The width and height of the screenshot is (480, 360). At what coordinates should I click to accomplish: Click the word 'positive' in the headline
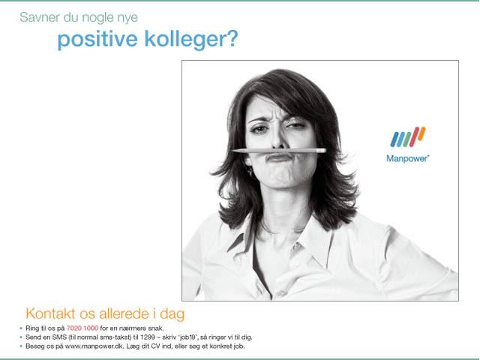click(x=97, y=40)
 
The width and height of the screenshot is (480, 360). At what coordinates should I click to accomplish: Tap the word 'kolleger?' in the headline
click(x=191, y=40)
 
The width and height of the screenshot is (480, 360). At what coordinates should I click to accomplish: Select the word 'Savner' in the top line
click(x=40, y=17)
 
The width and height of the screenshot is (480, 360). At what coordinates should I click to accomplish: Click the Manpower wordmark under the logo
click(x=407, y=158)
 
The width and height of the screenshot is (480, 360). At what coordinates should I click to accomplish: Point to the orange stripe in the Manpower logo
click(x=421, y=134)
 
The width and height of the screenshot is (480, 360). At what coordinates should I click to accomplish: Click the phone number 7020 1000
click(x=82, y=328)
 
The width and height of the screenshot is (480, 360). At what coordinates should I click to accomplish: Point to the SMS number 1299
click(x=148, y=337)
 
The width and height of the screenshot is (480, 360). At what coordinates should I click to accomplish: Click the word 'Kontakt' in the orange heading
click(x=50, y=313)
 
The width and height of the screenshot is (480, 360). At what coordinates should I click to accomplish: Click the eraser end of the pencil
click(x=322, y=151)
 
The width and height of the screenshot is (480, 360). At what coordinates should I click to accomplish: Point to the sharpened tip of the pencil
click(x=232, y=151)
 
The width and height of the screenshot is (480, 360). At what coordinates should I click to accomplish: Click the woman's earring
click(x=250, y=172)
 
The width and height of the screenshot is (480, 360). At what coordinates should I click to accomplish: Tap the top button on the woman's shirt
click(x=297, y=246)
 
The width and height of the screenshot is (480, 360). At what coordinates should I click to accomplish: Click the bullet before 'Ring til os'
click(x=21, y=328)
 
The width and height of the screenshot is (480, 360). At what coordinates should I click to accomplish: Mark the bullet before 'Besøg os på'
click(x=21, y=346)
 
